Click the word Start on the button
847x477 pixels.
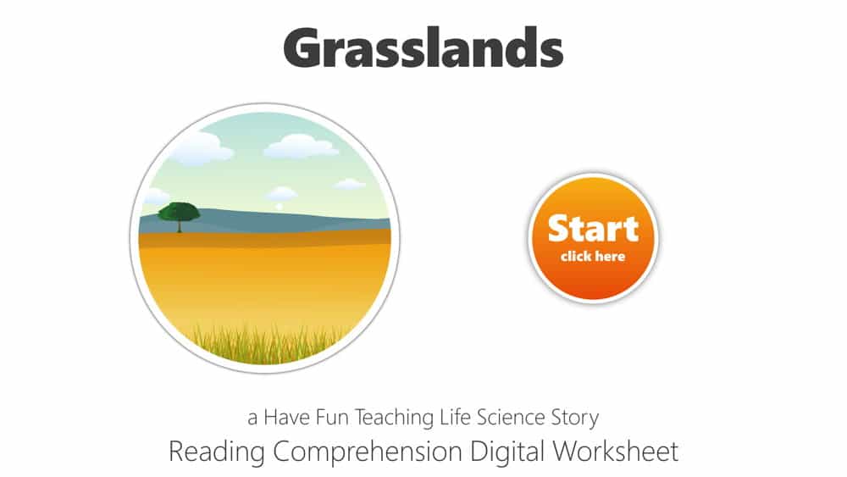point(593,229)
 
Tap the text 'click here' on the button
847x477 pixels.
point(593,257)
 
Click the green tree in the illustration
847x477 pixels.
point(179,212)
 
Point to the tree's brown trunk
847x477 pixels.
point(179,226)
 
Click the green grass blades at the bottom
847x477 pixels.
point(271,342)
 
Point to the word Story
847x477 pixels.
point(576,418)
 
